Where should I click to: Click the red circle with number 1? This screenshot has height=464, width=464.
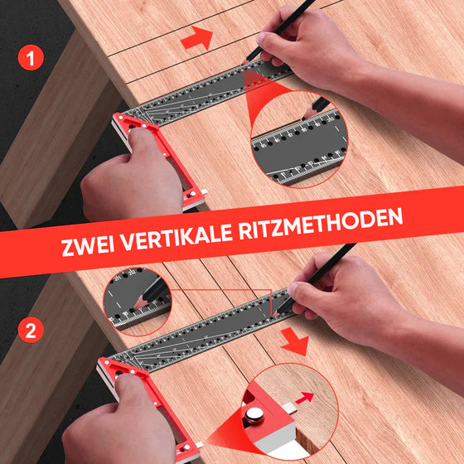30,60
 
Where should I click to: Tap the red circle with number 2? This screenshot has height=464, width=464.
30,332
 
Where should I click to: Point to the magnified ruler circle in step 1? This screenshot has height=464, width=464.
299,136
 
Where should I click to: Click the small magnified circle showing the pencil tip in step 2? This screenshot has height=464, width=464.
137,299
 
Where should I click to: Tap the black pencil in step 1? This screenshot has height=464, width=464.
286,24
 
